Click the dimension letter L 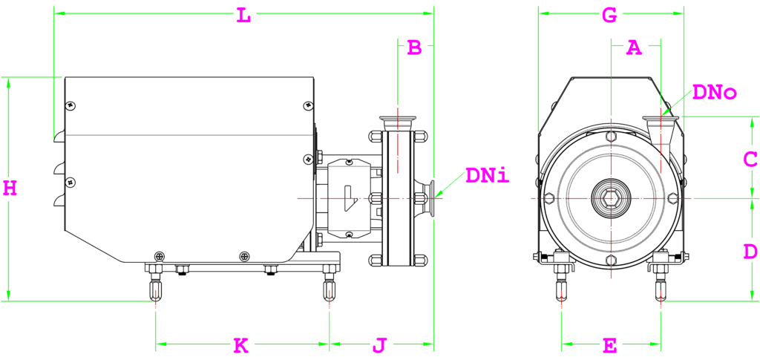coord(243,15)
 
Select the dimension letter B coord(415,48)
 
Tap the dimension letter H coord(10,188)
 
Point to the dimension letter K coord(240,345)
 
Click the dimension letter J coord(379,345)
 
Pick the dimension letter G coord(609,14)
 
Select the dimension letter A coord(633,48)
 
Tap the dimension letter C coord(750,159)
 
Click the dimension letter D coord(750,252)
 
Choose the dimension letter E coord(609,346)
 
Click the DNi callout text coord(488,177)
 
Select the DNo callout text coord(713,93)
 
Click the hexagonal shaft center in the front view coord(610,198)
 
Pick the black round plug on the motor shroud coord(244,256)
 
